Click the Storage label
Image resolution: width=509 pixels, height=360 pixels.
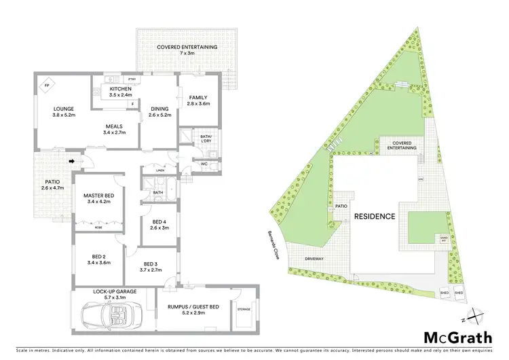pyautogui.click(x=244, y=310)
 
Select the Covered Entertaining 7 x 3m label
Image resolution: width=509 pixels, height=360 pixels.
pyautogui.click(x=187, y=48)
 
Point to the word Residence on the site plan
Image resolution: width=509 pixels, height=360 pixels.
pyautogui.click(x=374, y=217)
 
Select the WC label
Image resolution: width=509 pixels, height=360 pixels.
pyautogui.click(x=204, y=164)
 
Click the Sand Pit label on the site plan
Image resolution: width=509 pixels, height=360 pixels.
pyautogui.click(x=445, y=239)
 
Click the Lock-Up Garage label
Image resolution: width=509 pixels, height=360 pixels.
pyautogui.click(x=114, y=291)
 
